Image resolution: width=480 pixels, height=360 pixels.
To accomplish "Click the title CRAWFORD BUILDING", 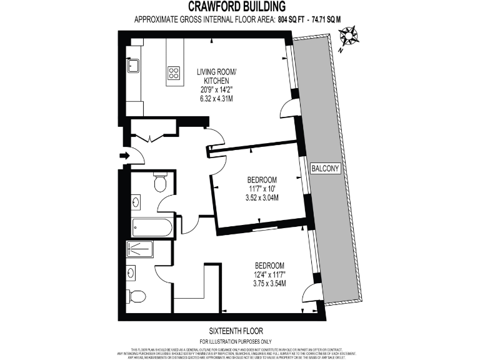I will (240, 7).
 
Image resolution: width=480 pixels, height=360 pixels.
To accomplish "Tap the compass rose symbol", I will (349, 36).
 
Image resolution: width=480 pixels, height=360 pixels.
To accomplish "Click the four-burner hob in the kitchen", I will (174, 72).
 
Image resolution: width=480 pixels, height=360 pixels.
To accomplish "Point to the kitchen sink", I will (134, 65).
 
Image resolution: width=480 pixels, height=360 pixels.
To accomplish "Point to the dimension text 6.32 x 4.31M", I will (213, 99).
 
